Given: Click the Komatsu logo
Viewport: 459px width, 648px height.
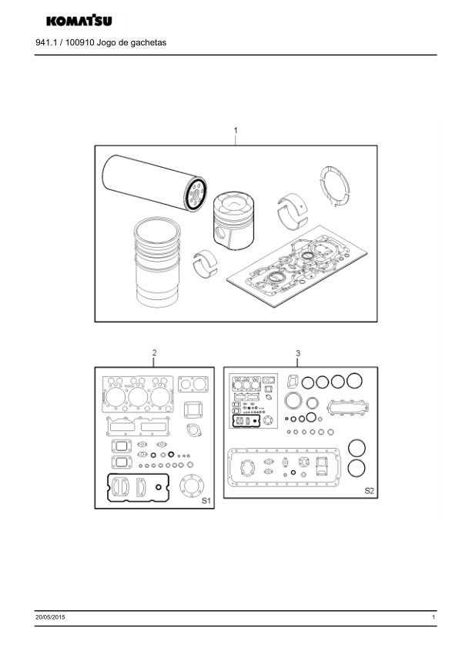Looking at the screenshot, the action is [79, 20].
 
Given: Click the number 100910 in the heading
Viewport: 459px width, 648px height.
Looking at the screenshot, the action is [80, 42].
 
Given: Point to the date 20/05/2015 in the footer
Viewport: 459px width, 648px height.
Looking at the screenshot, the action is [50, 617].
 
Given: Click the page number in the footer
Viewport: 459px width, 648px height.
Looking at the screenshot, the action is [434, 617].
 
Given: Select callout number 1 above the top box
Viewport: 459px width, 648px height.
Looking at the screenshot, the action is [236, 131].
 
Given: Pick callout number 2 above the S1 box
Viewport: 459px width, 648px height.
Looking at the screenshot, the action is [154, 352].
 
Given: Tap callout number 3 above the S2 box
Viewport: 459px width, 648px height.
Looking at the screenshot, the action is [298, 353].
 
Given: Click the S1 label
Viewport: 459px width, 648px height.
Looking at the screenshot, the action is [206, 501].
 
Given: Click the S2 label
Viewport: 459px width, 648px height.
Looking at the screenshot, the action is [369, 490].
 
